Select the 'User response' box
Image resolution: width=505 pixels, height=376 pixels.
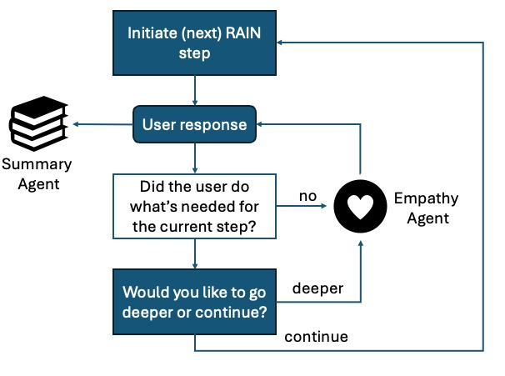coord(195,125)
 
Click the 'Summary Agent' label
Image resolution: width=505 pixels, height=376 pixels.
coord(37,173)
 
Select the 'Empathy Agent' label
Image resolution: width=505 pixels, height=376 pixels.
coord(422,208)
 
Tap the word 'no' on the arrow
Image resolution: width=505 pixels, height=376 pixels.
coord(307,197)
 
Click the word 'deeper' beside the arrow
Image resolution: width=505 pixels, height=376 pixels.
coord(317,288)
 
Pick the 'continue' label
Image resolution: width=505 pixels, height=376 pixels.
coord(316,338)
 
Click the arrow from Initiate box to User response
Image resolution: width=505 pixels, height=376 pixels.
coord(195,90)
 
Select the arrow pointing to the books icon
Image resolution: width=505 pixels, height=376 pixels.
coord(104,125)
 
